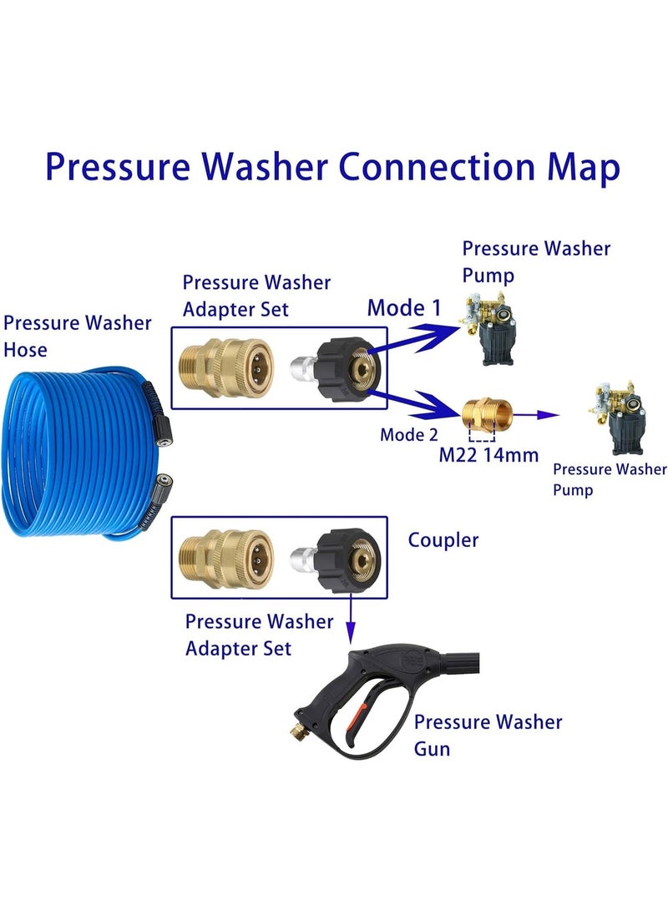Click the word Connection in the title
[x=436, y=167]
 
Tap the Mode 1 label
[x=404, y=308]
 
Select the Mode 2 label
[x=409, y=434]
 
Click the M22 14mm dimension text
[x=488, y=455]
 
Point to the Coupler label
[x=443, y=539]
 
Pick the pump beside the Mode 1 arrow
[x=487, y=329]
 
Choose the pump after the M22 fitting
[x=617, y=418]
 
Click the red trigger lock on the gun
[x=356, y=718]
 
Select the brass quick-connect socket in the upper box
[x=225, y=368]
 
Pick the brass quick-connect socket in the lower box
[x=225, y=559]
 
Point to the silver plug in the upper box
[x=303, y=369]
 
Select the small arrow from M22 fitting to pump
[x=536, y=415]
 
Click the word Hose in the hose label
[x=26, y=350]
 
